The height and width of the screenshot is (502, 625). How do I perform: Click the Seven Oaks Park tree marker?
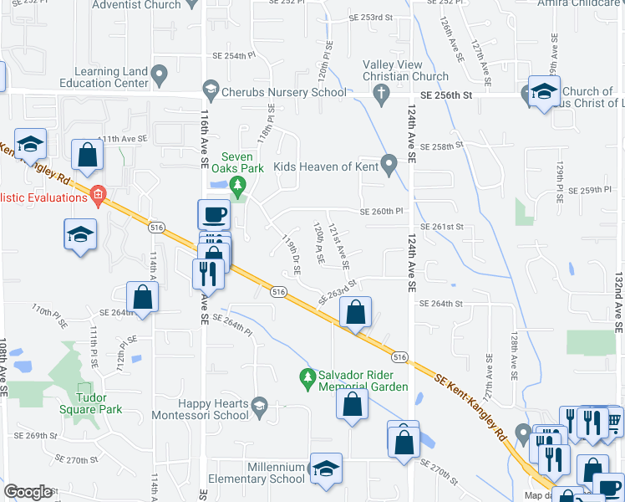[238, 184]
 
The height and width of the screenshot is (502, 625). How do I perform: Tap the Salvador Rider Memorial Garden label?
[363, 381]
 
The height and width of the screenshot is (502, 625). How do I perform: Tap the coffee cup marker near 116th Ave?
[214, 214]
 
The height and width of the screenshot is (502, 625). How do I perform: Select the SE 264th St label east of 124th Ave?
[440, 304]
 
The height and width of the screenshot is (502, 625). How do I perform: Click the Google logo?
[28, 492]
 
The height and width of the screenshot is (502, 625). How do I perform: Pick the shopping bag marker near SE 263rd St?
[356, 312]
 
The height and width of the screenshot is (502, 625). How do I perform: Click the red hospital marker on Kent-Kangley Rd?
[97, 197]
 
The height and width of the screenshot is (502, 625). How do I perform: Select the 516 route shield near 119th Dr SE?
[279, 291]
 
